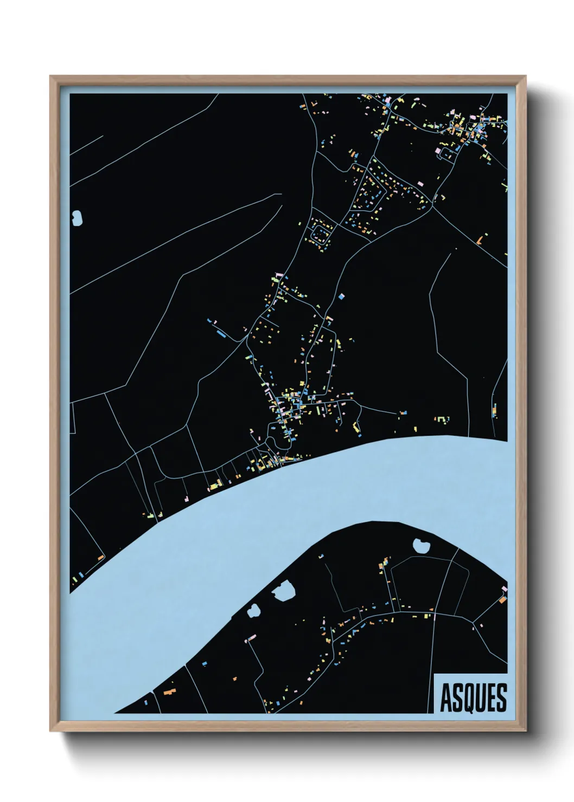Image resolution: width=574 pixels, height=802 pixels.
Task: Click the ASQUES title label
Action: [x=473, y=697]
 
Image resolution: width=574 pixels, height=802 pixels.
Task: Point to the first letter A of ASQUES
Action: [x=446, y=698]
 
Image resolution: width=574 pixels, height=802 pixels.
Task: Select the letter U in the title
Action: [x=481, y=698]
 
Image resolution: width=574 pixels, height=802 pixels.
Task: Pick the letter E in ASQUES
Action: [x=492, y=698]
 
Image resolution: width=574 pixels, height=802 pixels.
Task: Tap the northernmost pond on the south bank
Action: [x=420, y=545]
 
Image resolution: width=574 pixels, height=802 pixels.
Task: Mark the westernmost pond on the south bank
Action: [x=253, y=611]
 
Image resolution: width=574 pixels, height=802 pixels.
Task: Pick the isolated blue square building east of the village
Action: [x=341, y=296]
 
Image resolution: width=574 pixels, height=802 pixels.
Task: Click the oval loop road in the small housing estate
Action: [x=320, y=235]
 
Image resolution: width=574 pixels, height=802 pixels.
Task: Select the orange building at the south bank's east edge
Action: [x=502, y=599]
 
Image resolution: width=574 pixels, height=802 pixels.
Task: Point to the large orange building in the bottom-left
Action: [x=170, y=691]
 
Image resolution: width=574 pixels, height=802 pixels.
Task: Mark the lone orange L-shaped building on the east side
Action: [x=480, y=239]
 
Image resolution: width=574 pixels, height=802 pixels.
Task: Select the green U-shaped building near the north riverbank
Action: [x=443, y=419]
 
